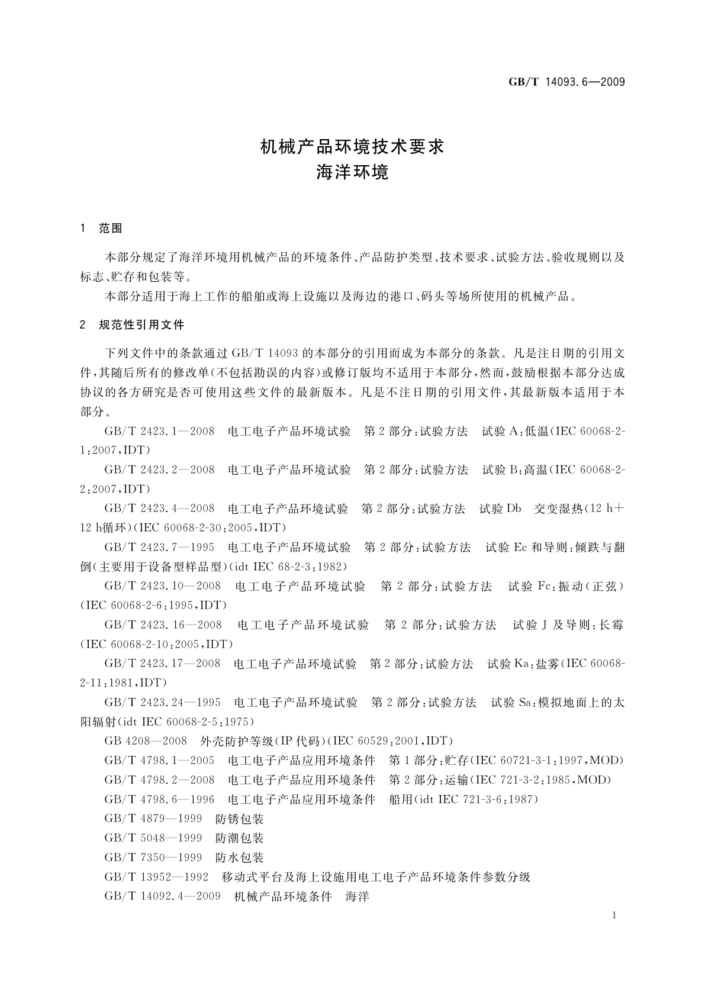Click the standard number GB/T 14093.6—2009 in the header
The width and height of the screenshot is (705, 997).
[x=566, y=82]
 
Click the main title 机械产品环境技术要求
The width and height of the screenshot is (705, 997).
[x=352, y=147]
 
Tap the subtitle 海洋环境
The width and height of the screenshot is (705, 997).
[x=352, y=173]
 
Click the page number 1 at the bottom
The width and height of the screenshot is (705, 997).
[x=614, y=916]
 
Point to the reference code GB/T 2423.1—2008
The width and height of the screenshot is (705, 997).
[x=159, y=432]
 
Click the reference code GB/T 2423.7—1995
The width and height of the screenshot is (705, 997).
[x=159, y=548]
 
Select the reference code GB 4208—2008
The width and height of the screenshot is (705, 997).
[x=146, y=741]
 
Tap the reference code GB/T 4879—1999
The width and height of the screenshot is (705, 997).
[x=153, y=819]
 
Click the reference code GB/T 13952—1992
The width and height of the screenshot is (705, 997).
[x=156, y=877]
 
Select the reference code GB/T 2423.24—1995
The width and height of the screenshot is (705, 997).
[x=162, y=703]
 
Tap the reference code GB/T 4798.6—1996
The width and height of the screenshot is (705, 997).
[x=159, y=800]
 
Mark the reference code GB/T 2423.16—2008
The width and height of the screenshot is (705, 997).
[x=163, y=625]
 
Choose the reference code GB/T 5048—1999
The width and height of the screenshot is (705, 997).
[x=153, y=838]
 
